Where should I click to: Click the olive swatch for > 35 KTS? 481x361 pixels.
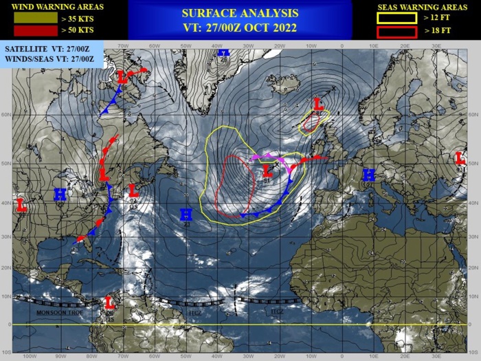point(35,18)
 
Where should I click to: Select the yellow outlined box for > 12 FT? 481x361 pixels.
point(396,19)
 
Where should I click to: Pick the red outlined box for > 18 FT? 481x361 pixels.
point(396,32)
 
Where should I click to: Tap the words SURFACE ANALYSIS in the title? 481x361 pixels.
point(240,13)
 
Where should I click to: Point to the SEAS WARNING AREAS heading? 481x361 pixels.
point(423,7)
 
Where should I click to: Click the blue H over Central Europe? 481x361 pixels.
point(369,175)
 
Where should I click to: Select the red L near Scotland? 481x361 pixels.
point(318,104)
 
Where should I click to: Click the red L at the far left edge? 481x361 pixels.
point(21,204)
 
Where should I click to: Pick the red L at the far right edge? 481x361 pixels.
point(460,159)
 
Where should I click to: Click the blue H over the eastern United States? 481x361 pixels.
point(60,195)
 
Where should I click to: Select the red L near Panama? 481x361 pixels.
point(109,302)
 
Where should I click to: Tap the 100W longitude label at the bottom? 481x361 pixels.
point(28,357)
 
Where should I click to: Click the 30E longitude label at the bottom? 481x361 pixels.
point(436,357)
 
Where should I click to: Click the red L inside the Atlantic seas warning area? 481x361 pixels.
point(268,170)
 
